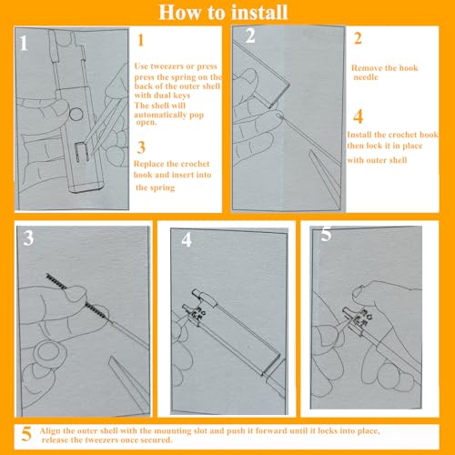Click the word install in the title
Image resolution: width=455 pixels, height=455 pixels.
(x=259, y=13)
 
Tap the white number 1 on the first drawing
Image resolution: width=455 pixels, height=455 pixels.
(x=24, y=43)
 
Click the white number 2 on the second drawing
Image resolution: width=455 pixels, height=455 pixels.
(x=250, y=35)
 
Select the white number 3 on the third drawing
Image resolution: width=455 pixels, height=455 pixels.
(x=28, y=238)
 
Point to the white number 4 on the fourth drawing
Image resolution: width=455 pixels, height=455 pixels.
(x=187, y=239)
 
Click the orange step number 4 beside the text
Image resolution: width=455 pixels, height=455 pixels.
(x=359, y=116)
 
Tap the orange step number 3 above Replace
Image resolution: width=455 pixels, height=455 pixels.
(x=141, y=147)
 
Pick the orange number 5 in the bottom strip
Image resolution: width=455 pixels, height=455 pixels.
(x=26, y=434)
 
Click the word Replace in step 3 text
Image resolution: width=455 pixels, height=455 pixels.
(x=148, y=164)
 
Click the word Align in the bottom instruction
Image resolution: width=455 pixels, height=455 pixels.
(x=50, y=430)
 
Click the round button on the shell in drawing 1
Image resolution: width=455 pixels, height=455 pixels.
(x=76, y=115)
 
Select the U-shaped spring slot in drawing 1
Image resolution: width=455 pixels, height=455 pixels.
(x=82, y=152)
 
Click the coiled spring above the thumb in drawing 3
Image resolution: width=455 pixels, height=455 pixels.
(x=56, y=280)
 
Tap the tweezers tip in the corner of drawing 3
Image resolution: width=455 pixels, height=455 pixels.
(x=112, y=359)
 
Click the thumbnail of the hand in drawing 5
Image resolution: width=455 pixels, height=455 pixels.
(x=359, y=292)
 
